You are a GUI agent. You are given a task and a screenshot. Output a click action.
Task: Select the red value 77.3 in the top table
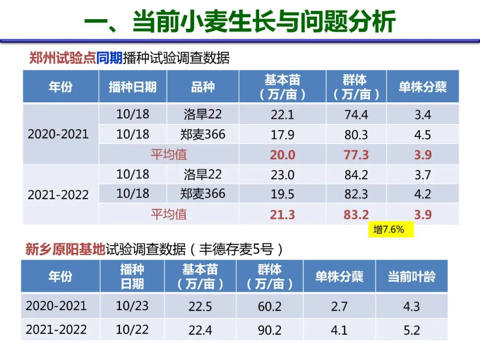point(356,155)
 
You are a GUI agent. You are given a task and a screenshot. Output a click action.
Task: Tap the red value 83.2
point(356,215)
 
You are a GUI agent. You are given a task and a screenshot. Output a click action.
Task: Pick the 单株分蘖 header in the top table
point(422,87)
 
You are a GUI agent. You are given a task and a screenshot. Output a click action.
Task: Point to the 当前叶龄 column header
point(412,276)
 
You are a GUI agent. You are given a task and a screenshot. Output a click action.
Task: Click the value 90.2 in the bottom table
point(269,330)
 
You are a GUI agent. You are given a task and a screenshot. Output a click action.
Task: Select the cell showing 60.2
point(269,307)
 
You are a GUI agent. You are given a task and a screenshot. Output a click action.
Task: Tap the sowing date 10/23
point(132,306)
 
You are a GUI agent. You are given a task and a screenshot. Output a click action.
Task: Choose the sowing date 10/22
point(132,330)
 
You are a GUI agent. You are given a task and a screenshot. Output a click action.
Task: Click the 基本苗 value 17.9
point(282,135)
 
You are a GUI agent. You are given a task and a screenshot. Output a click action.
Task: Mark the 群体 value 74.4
point(356,115)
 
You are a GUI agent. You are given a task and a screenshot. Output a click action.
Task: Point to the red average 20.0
point(282,155)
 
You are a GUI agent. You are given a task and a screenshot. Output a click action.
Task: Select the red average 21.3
point(282,215)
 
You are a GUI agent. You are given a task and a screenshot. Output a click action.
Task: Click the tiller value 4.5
point(422,135)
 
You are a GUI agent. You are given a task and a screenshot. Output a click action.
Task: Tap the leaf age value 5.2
point(411,330)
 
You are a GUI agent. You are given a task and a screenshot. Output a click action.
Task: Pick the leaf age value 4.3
point(411,307)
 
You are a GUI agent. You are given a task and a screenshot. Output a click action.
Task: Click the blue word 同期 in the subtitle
point(109,58)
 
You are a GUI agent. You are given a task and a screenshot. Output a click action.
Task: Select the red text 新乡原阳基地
point(65,250)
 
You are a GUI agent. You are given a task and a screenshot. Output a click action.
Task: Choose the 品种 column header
point(203,87)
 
